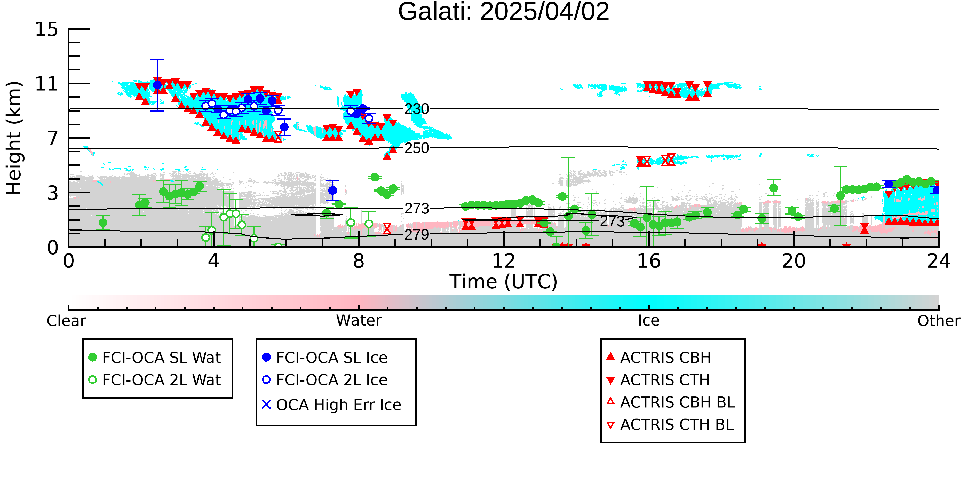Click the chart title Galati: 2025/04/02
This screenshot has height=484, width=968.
[x=504, y=12]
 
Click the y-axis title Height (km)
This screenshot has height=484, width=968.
[x=14, y=138]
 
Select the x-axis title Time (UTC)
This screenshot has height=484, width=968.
[x=504, y=281]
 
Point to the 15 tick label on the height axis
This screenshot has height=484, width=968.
[x=47, y=29]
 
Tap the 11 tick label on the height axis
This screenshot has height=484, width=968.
[x=47, y=84]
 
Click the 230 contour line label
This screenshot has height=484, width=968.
[x=416, y=109]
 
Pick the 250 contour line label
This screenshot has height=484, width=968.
[x=416, y=148]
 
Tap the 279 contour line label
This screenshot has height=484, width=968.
[x=416, y=234]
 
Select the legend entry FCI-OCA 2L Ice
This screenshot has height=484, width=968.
[x=325, y=380]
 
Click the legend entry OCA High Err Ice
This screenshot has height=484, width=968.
[x=331, y=405]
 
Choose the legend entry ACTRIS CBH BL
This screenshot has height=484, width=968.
[x=671, y=402]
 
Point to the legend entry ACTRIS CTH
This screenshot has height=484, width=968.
[x=658, y=380]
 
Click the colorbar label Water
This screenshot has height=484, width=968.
[x=359, y=321]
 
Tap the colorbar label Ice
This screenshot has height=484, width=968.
[x=649, y=321]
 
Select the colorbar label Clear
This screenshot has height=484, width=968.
[x=66, y=321]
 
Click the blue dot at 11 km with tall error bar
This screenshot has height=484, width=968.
[x=157, y=85]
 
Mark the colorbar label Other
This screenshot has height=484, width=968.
[x=939, y=321]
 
